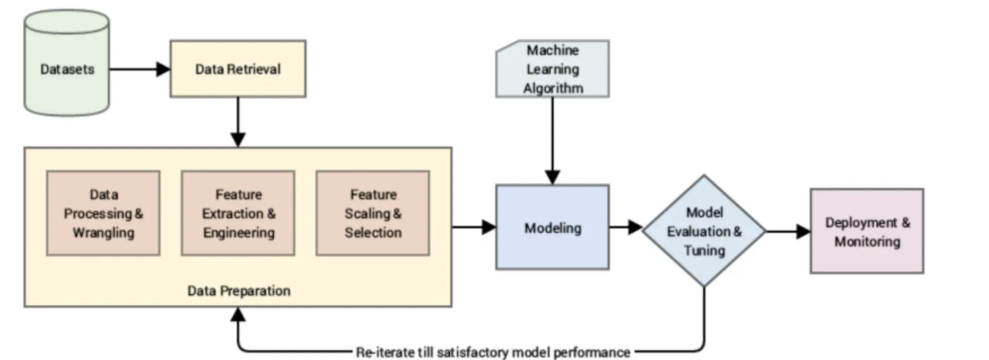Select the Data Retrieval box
click(x=238, y=69)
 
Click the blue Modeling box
click(x=552, y=228)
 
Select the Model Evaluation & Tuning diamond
click(x=704, y=231)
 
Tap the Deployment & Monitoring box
click(x=867, y=231)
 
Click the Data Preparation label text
click(x=239, y=291)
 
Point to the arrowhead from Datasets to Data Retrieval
click(x=163, y=69)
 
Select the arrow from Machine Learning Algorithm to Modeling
click(x=552, y=139)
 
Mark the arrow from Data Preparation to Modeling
click(x=473, y=227)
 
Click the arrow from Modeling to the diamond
click(x=625, y=227)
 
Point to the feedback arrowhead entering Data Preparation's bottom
click(x=238, y=314)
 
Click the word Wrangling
click(x=103, y=232)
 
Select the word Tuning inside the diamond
click(x=704, y=250)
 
